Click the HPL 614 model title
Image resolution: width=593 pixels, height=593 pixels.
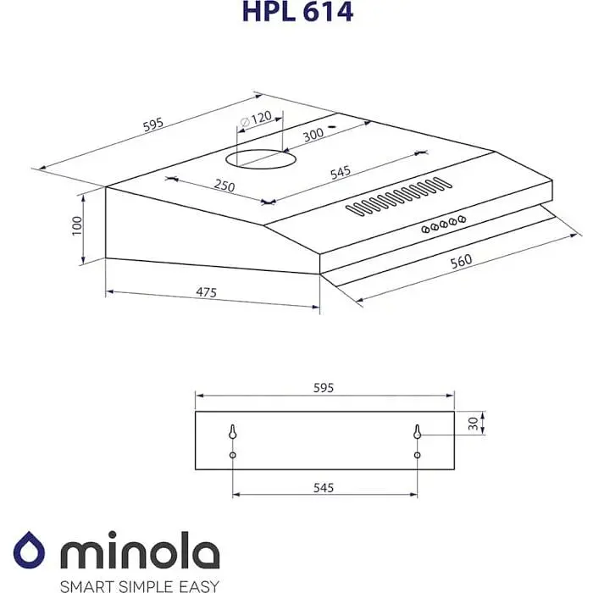click(x=296, y=13)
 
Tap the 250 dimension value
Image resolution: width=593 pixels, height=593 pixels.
click(x=224, y=185)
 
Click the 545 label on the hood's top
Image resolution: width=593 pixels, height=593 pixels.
click(x=341, y=173)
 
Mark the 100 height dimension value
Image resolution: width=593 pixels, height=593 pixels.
click(x=77, y=225)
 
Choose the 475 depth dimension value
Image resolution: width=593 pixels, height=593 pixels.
click(x=207, y=293)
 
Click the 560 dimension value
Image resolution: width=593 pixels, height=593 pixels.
click(x=461, y=261)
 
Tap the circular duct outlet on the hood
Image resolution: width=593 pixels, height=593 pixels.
click(x=263, y=158)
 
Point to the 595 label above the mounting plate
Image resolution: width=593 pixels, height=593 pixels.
click(x=324, y=387)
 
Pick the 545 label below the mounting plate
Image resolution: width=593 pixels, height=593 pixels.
click(x=324, y=488)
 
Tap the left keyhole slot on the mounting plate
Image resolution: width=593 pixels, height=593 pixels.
click(x=232, y=432)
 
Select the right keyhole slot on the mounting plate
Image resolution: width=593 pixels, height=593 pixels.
click(x=417, y=432)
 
